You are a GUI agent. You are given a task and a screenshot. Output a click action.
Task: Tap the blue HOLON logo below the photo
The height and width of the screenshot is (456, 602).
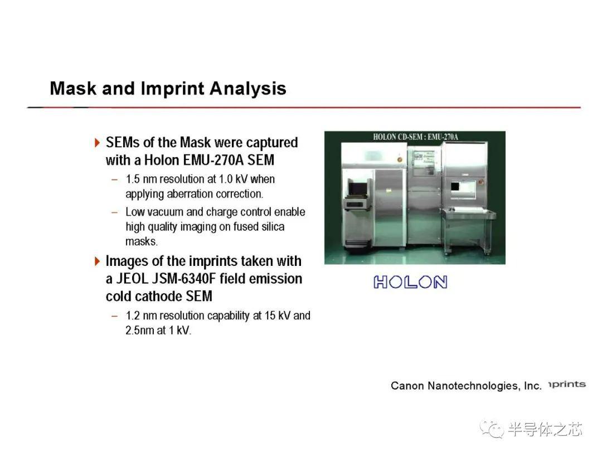[x=410, y=282]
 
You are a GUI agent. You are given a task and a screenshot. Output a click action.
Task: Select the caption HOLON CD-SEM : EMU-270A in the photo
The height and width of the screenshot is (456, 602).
[x=415, y=137]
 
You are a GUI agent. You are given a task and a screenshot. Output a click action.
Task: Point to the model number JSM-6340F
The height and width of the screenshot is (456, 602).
[x=184, y=279]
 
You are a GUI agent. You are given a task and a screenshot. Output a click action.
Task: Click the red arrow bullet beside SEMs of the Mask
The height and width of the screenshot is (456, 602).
[x=97, y=143]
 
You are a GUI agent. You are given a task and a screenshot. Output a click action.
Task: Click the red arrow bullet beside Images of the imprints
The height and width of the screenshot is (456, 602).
[x=97, y=261]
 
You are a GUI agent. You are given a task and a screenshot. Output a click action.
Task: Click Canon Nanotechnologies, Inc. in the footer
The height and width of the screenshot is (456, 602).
[x=466, y=385]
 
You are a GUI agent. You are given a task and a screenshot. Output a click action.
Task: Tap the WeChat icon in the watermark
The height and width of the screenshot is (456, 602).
[x=492, y=429]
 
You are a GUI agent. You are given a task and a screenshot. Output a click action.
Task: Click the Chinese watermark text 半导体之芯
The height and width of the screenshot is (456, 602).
[x=545, y=429]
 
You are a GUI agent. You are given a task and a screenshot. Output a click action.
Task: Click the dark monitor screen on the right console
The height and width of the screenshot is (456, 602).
[x=455, y=187]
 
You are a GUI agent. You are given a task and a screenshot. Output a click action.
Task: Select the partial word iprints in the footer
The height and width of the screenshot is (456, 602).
[x=567, y=384]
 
